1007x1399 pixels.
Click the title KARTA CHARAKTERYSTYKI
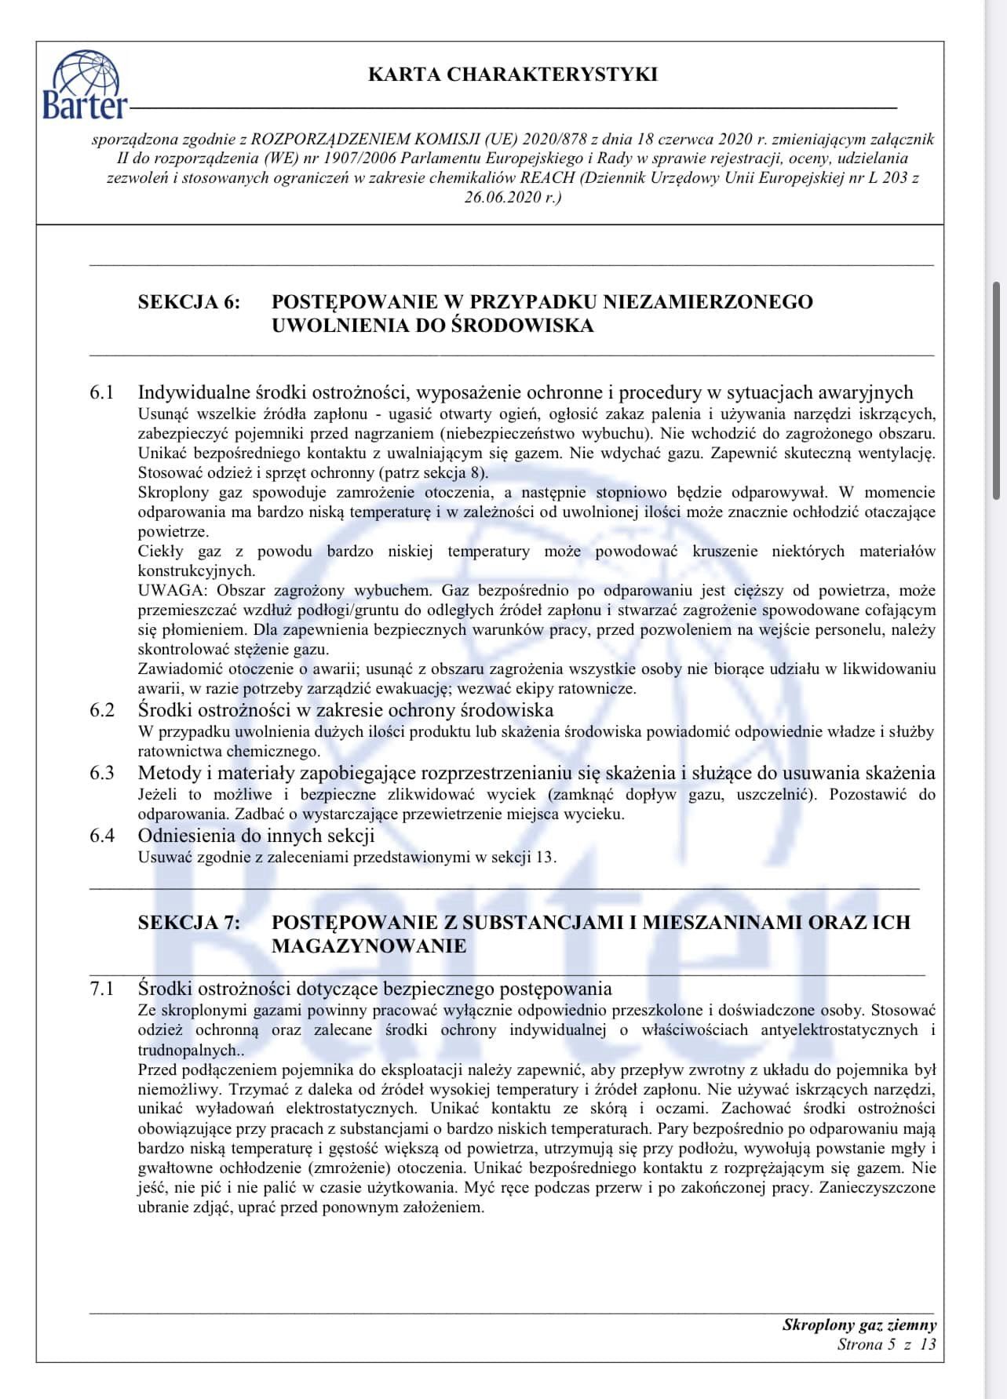[x=513, y=75]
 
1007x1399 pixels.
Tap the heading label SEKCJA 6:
[x=189, y=302]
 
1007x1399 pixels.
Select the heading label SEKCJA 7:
[x=189, y=922]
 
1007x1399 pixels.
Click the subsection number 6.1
[x=102, y=392]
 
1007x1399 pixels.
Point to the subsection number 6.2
[x=102, y=710]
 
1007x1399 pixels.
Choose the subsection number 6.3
[x=102, y=773]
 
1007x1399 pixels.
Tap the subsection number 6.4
[x=102, y=836]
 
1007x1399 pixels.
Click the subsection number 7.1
[x=102, y=989]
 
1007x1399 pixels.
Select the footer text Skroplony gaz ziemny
[x=859, y=1324]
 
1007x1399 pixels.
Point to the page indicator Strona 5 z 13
[x=886, y=1344]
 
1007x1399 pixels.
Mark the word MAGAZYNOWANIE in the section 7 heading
[x=369, y=945]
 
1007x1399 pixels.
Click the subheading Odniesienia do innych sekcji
[x=256, y=836]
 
